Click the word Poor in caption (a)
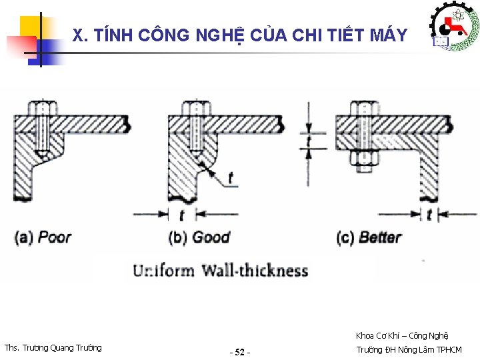(55, 237)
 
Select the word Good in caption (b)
(211, 237)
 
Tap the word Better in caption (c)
(380, 237)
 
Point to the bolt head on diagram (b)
(194, 109)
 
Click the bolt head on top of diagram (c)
(364, 109)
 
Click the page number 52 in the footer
(240, 351)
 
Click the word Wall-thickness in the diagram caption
(255, 271)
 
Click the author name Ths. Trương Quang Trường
(53, 347)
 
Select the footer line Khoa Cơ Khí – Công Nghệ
(402, 335)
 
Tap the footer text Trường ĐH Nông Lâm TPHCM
(409, 349)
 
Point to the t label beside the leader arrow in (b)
(231, 178)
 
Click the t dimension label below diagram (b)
(181, 215)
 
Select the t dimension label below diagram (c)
(429, 215)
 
